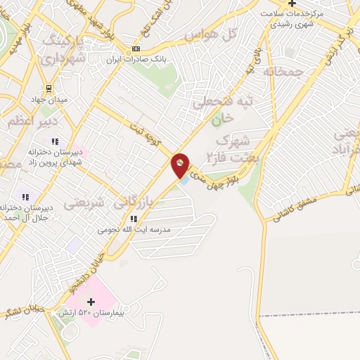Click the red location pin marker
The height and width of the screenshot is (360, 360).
[x=181, y=165]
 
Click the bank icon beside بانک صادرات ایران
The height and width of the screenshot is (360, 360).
[x=136, y=49]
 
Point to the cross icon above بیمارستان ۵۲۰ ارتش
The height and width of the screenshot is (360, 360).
[x=91, y=302]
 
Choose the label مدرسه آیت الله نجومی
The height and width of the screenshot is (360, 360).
[x=134, y=229]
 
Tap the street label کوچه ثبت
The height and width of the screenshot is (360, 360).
[x=149, y=133]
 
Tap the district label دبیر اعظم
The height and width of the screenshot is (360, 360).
[x=28, y=122]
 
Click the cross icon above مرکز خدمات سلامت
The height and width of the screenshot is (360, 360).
[x=292, y=4]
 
